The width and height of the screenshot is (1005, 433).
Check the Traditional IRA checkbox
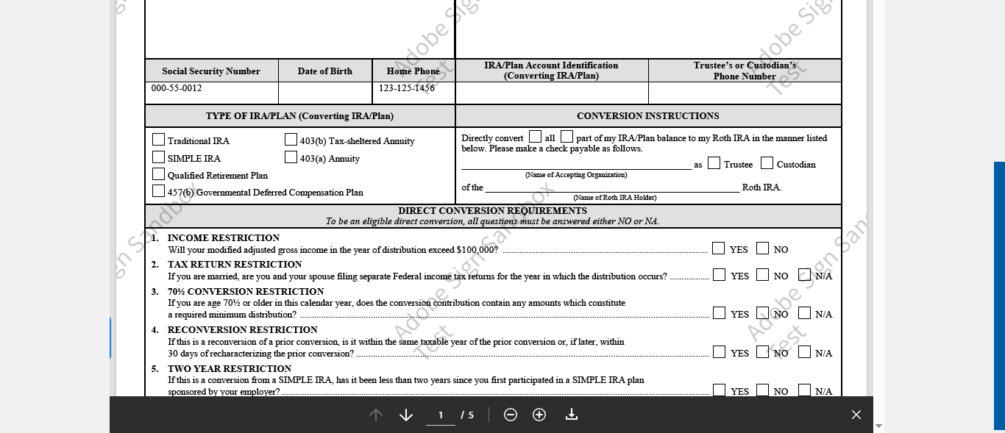158,140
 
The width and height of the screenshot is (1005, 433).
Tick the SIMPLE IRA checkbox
158,157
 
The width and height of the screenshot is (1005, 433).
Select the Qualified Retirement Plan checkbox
158,174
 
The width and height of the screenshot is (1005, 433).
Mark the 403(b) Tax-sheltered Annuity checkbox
291,140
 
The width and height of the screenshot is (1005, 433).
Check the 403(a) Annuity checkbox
291,157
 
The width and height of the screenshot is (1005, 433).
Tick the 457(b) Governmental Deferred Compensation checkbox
158,191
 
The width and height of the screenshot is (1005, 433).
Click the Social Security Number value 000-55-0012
177,88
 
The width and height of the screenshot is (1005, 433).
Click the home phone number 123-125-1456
407,88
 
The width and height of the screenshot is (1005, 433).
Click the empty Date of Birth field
325,93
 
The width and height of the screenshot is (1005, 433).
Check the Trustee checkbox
714,163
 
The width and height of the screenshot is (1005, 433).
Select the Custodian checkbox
767,163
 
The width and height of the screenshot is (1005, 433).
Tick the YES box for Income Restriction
718,248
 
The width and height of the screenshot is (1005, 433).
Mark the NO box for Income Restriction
762,248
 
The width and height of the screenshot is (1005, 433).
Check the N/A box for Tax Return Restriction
804,275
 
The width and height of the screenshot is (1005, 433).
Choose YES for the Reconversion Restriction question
719,352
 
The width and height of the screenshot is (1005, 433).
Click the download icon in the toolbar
572,415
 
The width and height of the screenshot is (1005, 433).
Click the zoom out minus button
511,415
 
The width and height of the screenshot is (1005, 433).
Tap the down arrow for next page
405,415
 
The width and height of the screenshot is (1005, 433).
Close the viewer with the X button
856,415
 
